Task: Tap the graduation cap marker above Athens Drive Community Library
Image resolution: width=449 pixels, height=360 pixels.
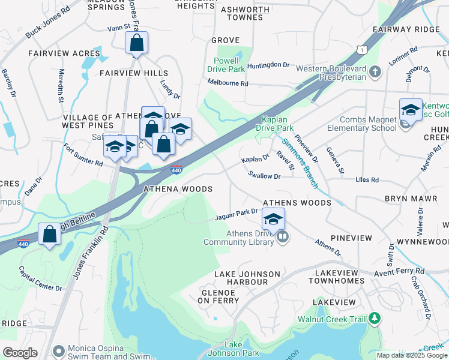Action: [273, 219]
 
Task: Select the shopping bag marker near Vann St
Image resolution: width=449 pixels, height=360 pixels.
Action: [136, 43]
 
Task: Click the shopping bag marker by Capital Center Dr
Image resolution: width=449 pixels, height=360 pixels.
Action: [49, 235]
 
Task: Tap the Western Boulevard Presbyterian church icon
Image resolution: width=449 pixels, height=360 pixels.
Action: [375, 73]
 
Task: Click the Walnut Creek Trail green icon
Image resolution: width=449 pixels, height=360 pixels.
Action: [375, 317]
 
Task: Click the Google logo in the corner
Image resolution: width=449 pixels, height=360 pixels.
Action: [20, 353]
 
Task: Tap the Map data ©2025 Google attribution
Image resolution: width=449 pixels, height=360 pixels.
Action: [411, 355]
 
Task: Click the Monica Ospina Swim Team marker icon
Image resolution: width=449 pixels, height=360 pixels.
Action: [58, 350]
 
